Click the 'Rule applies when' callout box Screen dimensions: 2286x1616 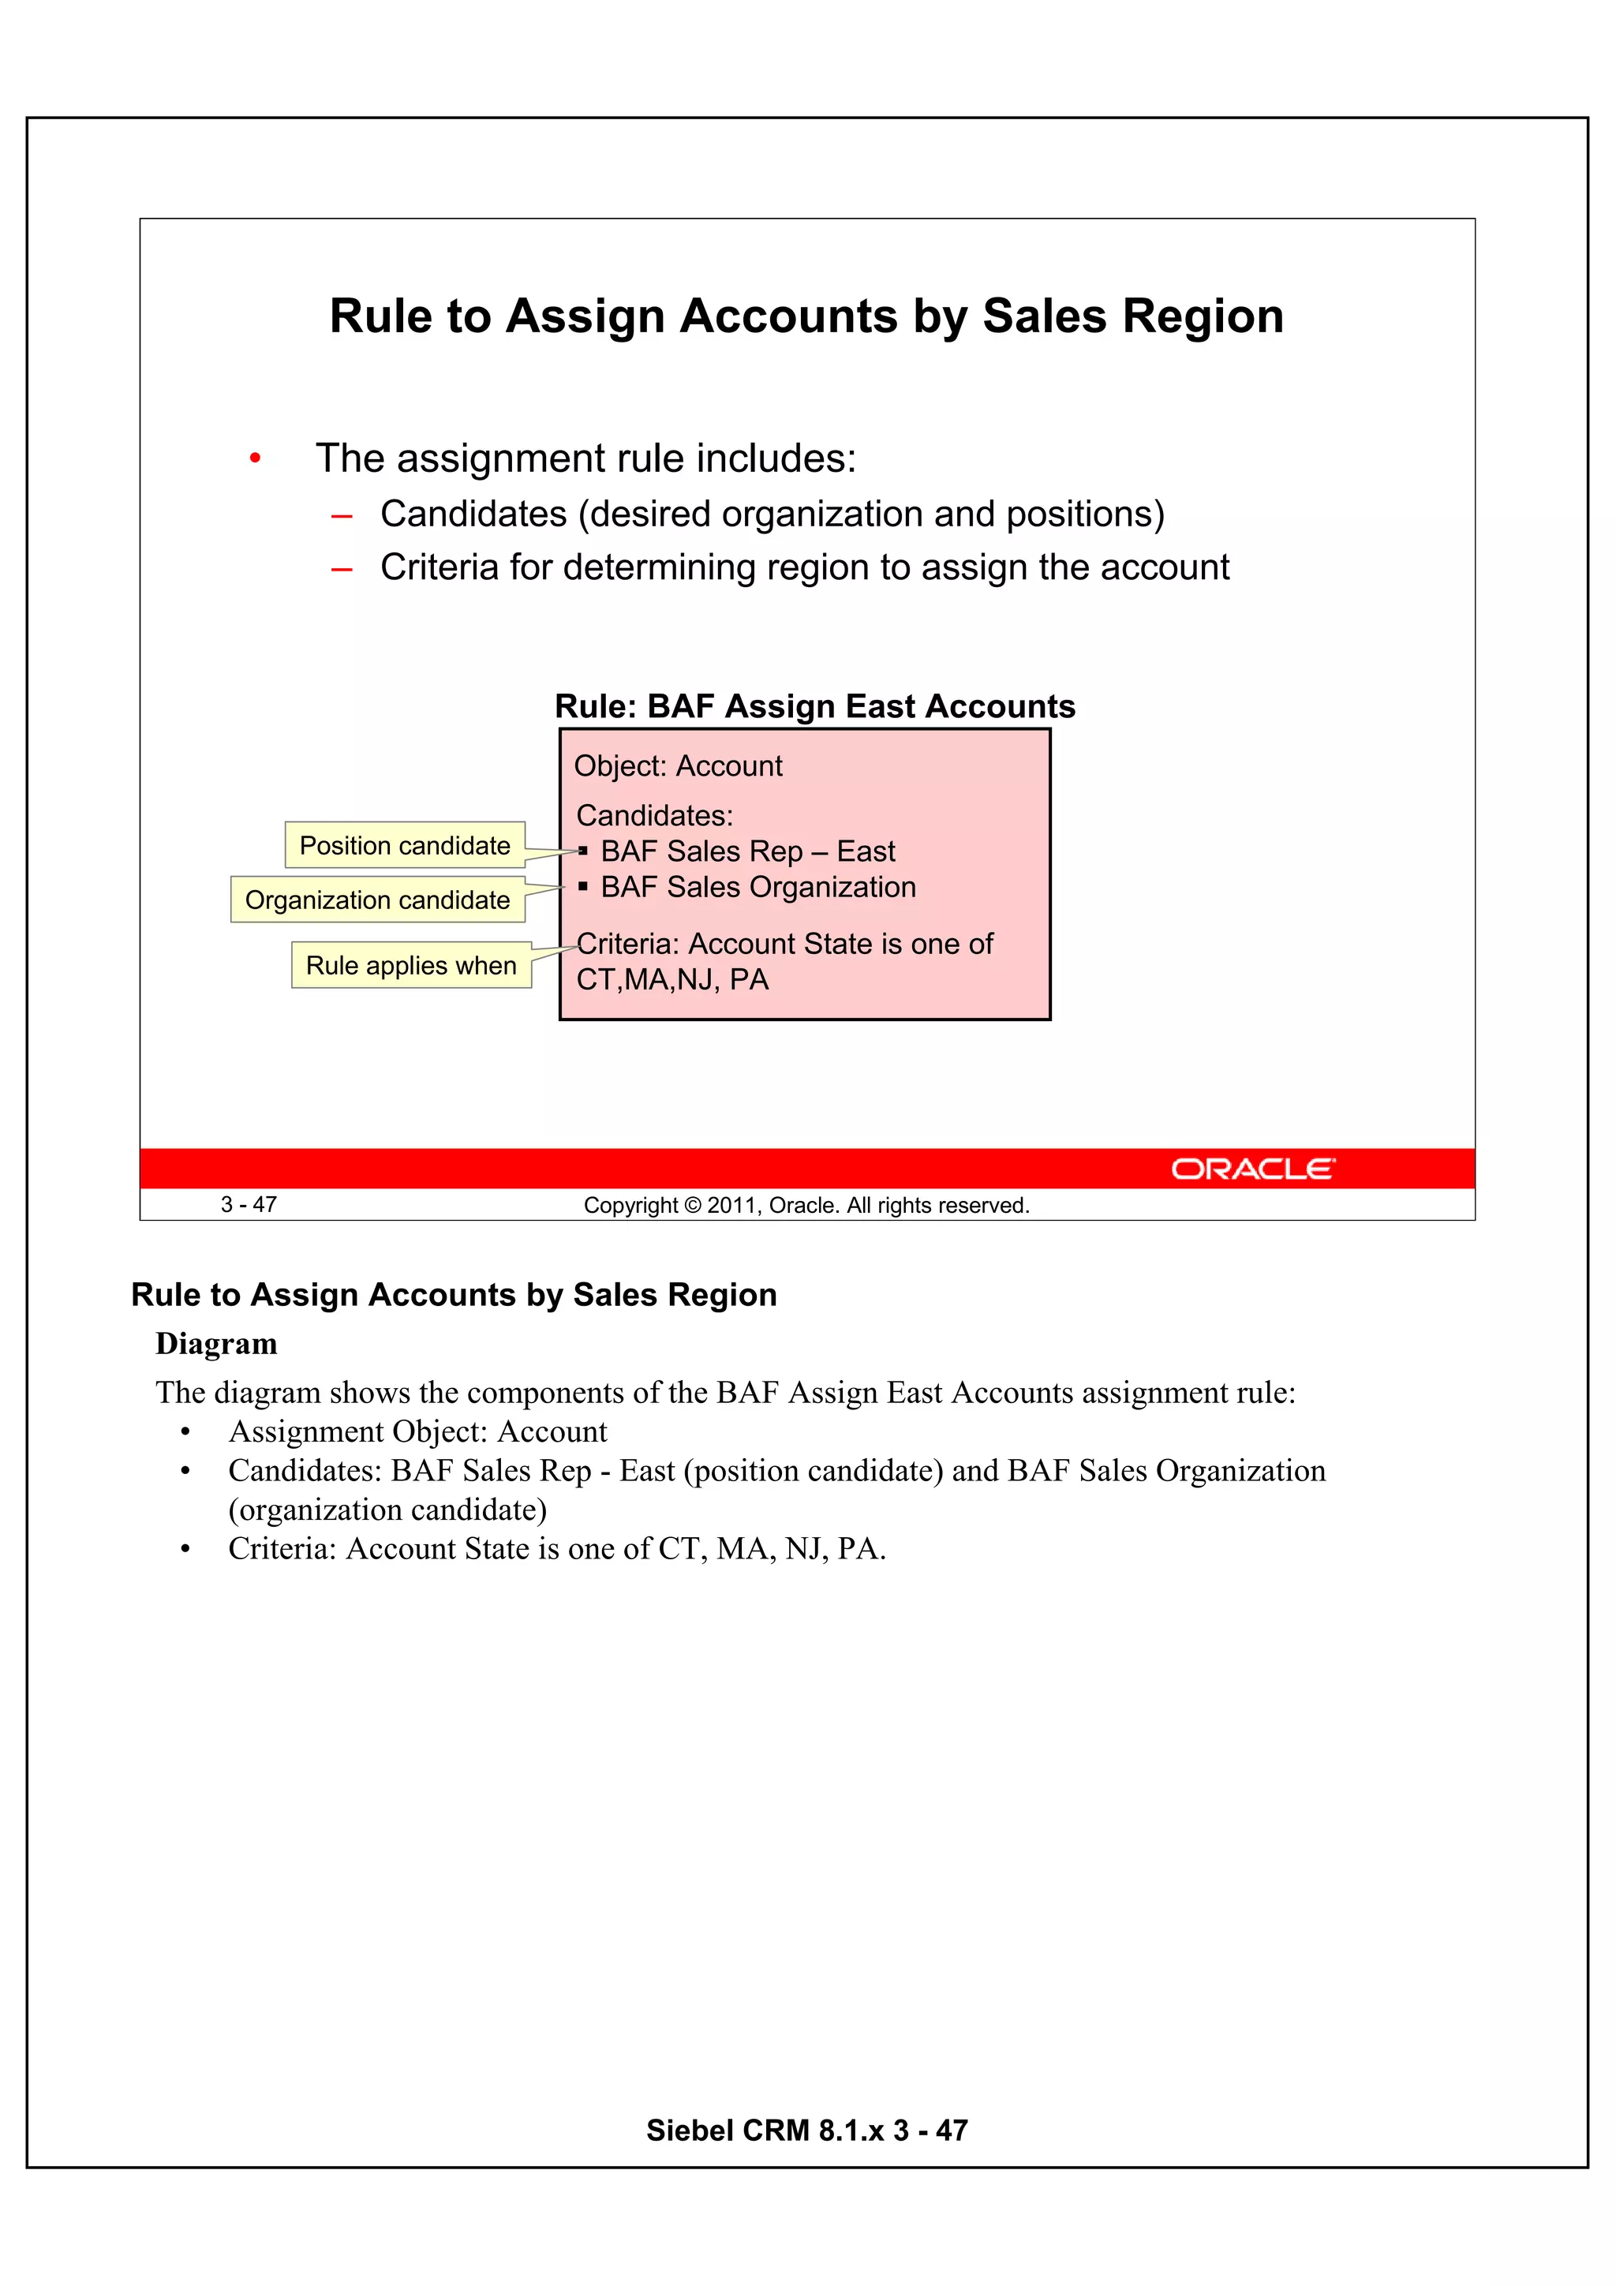click(x=410, y=965)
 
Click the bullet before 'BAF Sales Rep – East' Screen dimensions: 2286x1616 click(x=582, y=851)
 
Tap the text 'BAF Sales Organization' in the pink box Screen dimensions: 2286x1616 click(x=757, y=887)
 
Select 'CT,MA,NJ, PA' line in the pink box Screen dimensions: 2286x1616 click(x=672, y=980)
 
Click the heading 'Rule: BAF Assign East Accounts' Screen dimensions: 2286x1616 click(x=814, y=706)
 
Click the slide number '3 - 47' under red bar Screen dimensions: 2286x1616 click(x=249, y=1205)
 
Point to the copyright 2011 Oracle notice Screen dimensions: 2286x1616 click(x=806, y=1206)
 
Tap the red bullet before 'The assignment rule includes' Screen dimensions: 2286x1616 click(x=255, y=459)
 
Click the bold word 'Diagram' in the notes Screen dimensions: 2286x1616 click(x=216, y=1344)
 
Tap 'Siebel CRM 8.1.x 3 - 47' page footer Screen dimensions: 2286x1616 click(x=806, y=2130)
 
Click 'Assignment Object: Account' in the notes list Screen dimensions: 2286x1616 click(x=417, y=1431)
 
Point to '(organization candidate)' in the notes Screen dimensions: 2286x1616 click(x=387, y=1510)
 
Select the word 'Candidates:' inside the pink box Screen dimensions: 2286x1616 click(x=654, y=815)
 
